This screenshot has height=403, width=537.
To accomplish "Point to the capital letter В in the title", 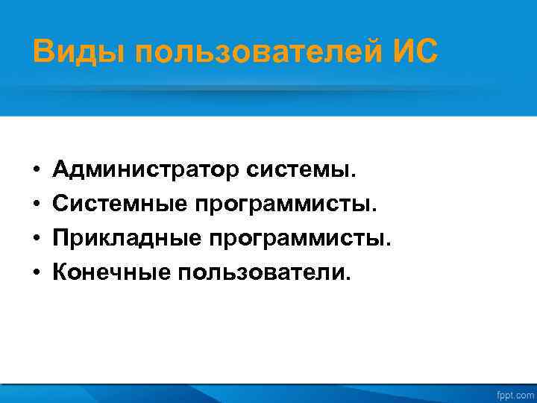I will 43,52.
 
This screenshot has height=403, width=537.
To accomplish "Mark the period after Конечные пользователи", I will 346,280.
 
